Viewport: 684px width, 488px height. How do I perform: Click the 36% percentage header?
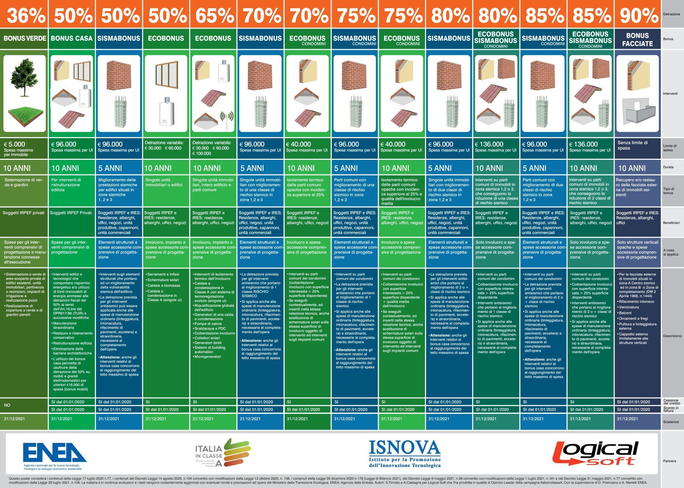[25, 15]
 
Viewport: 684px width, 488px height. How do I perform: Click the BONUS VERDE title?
[25, 38]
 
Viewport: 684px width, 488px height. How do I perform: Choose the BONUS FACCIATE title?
[637, 40]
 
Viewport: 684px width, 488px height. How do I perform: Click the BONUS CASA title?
[71, 38]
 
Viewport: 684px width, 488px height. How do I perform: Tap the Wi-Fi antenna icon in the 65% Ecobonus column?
[227, 117]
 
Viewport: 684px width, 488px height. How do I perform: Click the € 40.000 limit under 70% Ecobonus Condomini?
[299, 144]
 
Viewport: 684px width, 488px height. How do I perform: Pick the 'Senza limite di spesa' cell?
[632, 145]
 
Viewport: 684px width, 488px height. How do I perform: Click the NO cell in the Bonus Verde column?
[7, 405]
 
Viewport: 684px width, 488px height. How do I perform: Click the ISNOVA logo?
[405, 453]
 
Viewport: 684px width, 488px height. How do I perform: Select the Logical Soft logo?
[595, 453]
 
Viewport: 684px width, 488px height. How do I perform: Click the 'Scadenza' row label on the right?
[671, 422]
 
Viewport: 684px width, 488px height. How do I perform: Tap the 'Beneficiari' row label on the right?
[671, 223]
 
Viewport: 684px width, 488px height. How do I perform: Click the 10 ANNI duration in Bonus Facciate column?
[632, 168]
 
